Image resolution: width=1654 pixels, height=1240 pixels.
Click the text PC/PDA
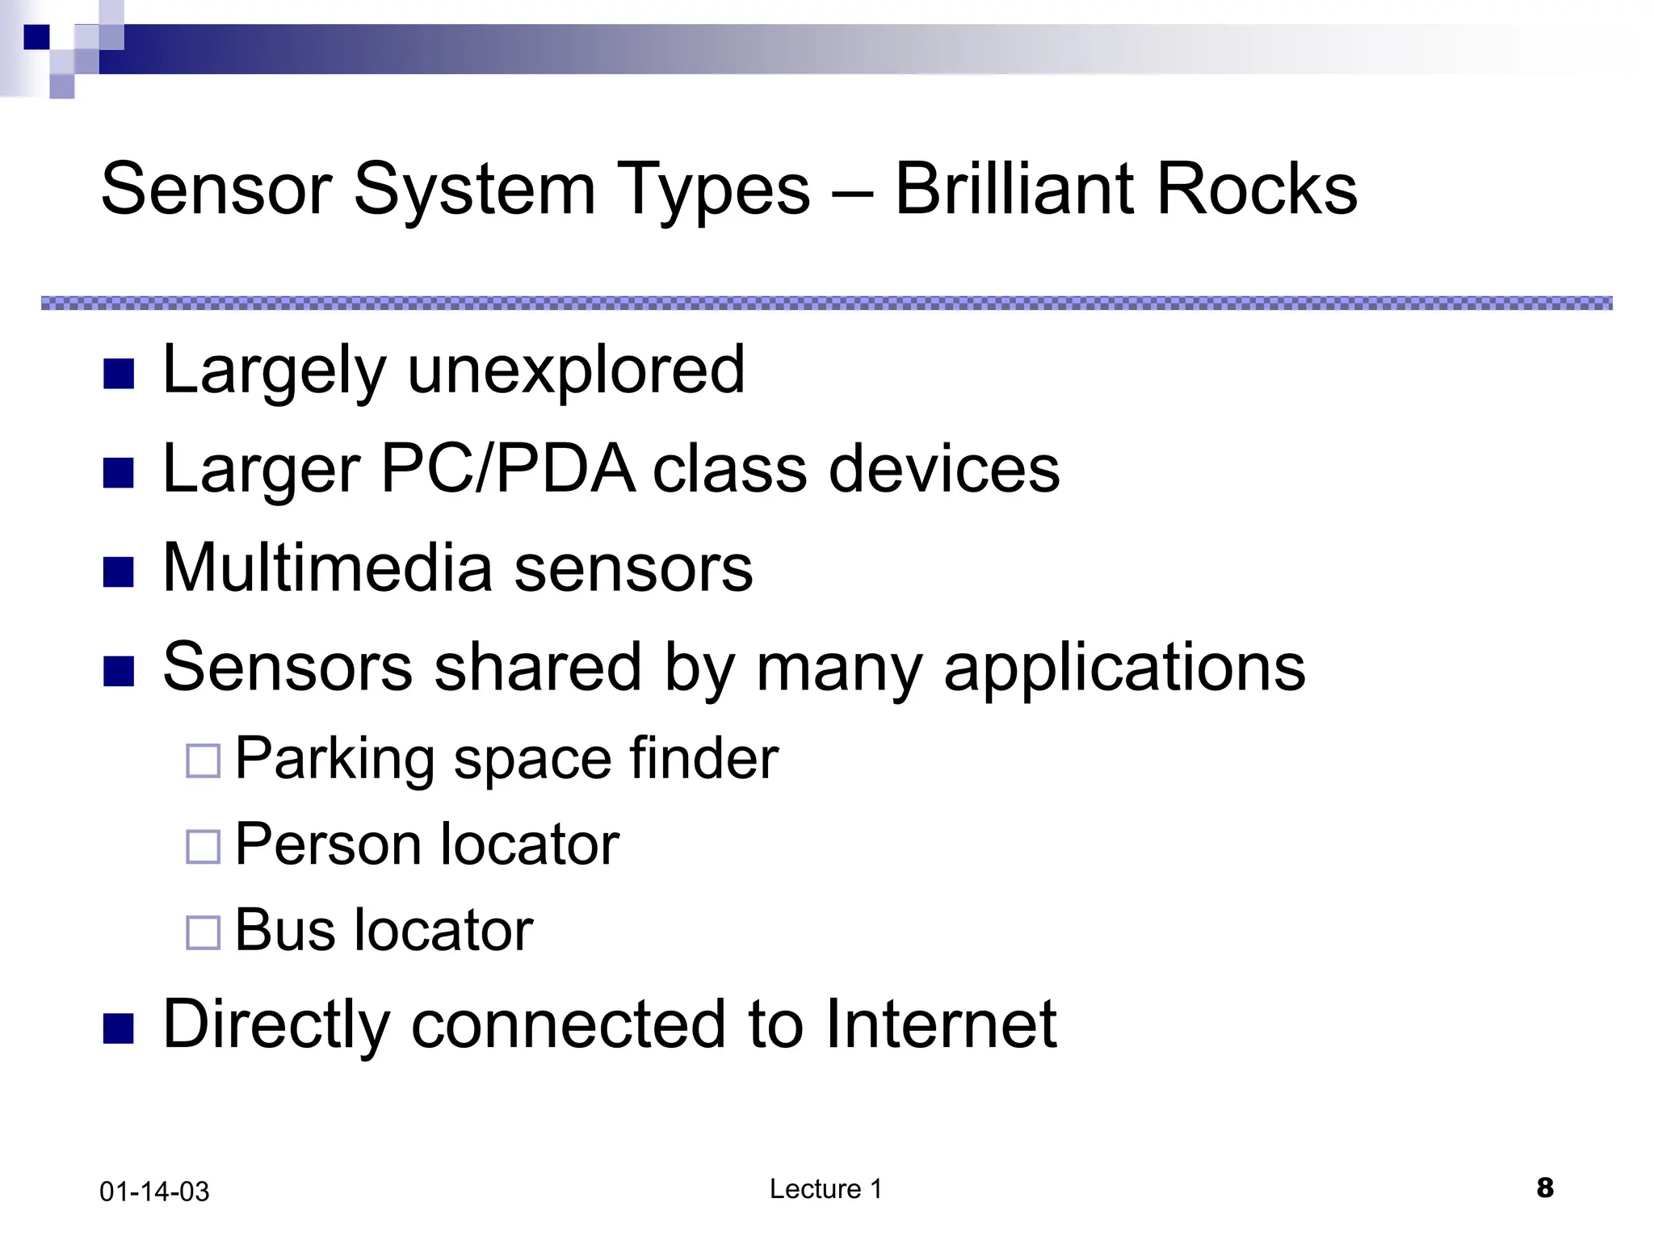point(508,469)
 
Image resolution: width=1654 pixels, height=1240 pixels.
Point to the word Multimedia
point(327,568)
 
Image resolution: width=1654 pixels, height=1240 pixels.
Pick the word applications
point(1124,668)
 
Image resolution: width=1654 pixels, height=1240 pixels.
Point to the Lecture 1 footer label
point(825,1189)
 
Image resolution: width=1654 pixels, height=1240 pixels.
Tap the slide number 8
point(1545,1188)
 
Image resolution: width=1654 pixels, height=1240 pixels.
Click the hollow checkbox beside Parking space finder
point(203,761)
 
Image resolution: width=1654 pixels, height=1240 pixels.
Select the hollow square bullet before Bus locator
point(203,933)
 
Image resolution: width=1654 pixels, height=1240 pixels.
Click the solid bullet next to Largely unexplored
point(119,375)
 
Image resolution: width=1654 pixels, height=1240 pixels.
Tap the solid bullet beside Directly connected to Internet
point(119,1029)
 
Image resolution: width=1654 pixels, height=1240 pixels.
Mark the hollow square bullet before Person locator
point(203,847)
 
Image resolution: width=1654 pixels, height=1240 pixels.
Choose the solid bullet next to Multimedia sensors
point(119,572)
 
